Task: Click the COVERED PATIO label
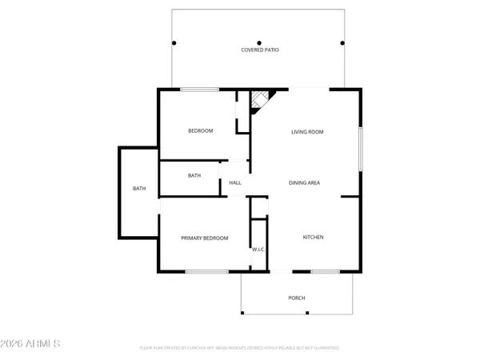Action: click(260, 50)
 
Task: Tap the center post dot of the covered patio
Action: click(259, 42)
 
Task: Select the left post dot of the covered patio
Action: click(173, 42)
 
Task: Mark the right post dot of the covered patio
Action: click(342, 42)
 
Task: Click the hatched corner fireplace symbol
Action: click(260, 100)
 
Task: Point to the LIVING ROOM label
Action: click(307, 131)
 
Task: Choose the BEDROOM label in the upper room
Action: click(200, 130)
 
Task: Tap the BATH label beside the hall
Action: click(194, 175)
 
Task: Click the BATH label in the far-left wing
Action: click(139, 189)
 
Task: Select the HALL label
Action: click(235, 182)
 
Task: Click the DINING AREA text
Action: click(304, 182)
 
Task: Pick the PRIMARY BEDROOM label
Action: click(204, 238)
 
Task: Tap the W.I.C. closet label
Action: click(258, 250)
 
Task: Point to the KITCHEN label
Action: click(313, 237)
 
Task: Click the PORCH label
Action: click(297, 298)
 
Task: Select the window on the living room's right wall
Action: click(361, 148)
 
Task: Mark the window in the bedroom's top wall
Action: click(196, 89)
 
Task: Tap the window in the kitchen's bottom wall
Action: click(324, 272)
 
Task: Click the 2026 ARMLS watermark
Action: click(31, 344)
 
